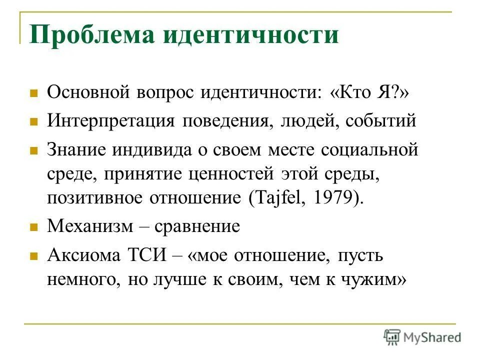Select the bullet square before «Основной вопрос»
[x=34, y=93]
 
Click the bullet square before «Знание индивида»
[x=34, y=150]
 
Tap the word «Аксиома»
[x=84, y=254]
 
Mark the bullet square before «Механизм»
[x=34, y=227]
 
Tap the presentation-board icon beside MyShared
[x=392, y=337]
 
